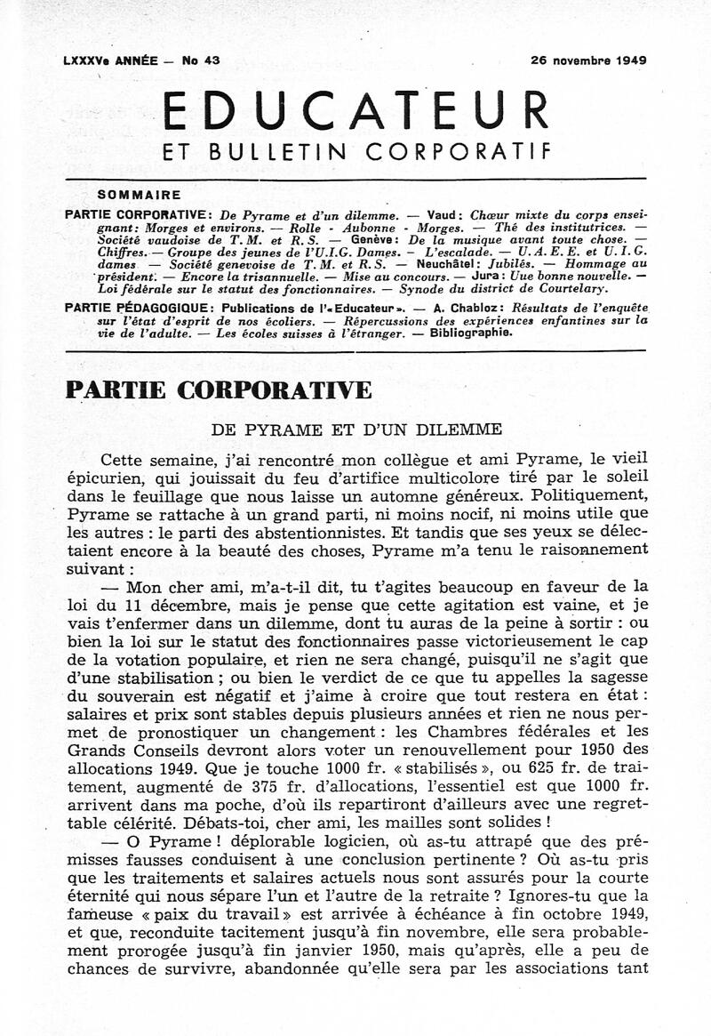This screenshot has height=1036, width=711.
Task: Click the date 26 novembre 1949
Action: pyautogui.click(x=588, y=61)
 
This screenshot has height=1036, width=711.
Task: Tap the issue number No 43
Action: pyautogui.click(x=201, y=61)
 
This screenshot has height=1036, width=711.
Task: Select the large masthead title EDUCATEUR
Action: pyautogui.click(x=356, y=111)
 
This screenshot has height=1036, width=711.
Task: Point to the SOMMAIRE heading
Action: pyautogui.click(x=139, y=195)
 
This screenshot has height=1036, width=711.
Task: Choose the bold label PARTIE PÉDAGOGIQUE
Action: pyautogui.click(x=124, y=308)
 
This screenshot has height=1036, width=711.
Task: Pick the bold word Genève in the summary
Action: pyautogui.click(x=370, y=240)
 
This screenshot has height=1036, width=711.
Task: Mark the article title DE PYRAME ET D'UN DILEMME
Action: pyautogui.click(x=356, y=429)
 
